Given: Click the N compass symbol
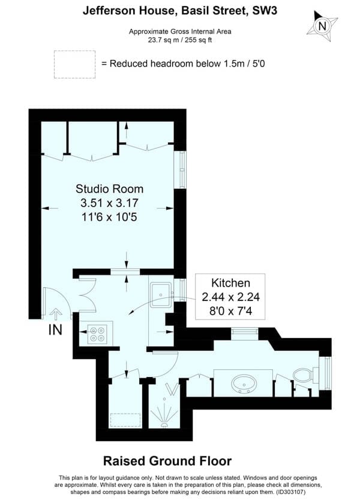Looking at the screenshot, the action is coord(322,26).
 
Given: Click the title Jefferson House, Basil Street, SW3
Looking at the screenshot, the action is coord(180,11).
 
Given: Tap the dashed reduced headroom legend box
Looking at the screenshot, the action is coord(74,64).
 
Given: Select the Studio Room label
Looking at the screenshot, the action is coord(109,189).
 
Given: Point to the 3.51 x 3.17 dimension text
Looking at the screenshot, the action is coord(109,203).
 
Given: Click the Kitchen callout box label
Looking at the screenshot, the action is coord(230,283).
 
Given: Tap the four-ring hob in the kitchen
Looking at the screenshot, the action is coord(97,334).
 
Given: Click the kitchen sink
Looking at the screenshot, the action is coord(161,296).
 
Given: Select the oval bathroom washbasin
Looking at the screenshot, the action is coord(244,384).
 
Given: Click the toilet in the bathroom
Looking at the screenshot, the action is coord(305,375).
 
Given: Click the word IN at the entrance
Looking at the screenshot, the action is coord(55,330).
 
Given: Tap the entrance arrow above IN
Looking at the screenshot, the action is coord(56,314).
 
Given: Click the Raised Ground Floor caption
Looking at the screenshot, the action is coord(167,461).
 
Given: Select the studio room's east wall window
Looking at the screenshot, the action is coord(180,170).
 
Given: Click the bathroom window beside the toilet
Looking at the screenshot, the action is coord(326,373).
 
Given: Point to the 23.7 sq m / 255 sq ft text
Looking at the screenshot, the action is coord(180,40).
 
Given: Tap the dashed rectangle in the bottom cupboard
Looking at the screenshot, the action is coord(125,420).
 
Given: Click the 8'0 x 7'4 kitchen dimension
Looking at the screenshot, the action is coord(230,311).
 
